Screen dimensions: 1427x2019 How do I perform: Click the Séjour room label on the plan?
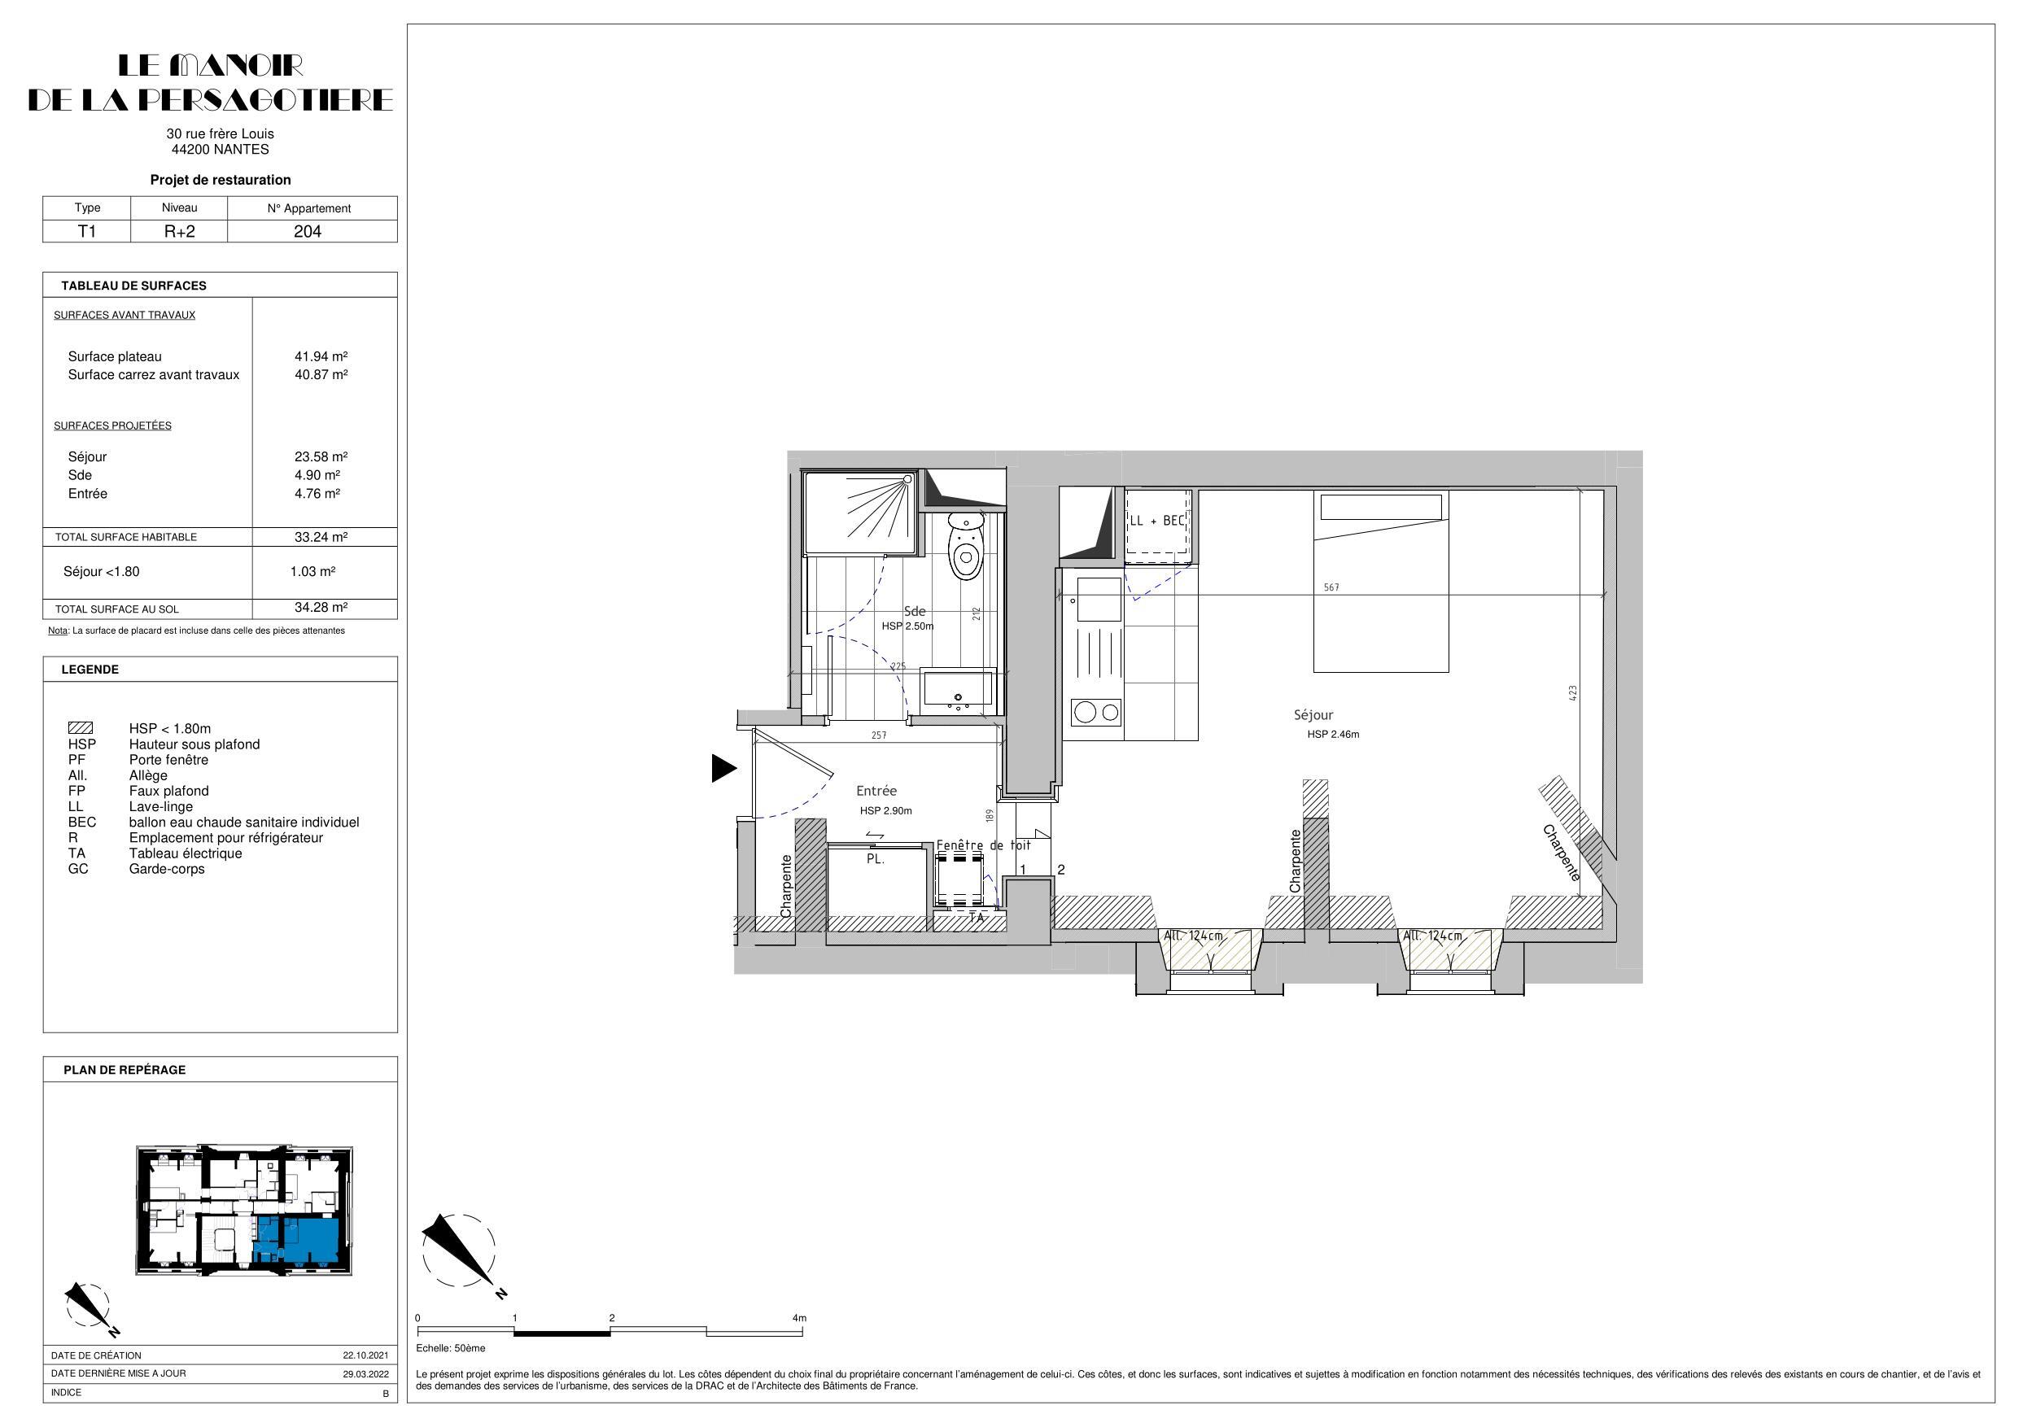pos(1313,716)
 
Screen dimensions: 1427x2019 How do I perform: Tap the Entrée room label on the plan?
pos(876,792)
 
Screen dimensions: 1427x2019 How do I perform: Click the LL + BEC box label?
pos(1157,521)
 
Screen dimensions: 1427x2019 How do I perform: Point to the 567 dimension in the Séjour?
pos(1331,587)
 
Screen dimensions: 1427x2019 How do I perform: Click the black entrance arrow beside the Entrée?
pos(723,769)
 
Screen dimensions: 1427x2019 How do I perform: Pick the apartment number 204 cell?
pos(307,231)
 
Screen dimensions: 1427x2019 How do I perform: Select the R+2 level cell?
pos(178,231)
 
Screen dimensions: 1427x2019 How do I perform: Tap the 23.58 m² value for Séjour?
pos(320,457)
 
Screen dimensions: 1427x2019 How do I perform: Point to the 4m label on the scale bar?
pos(798,1318)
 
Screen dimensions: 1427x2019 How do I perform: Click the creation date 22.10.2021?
pos(365,1355)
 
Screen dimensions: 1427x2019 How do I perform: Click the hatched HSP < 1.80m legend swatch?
pos(81,728)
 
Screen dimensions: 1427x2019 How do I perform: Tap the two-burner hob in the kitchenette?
pos(1096,712)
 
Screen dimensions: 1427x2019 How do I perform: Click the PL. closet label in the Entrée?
pos(875,859)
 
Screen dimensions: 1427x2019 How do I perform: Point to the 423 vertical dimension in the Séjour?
pos(1572,693)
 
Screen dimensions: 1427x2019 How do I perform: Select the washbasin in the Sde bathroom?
pos(957,690)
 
